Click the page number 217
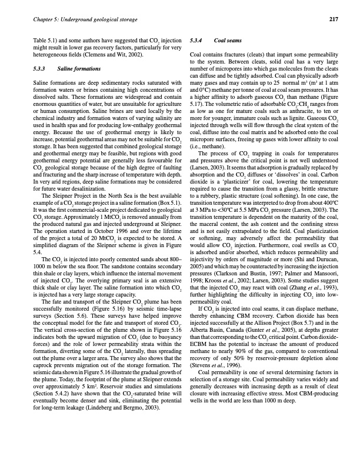333,19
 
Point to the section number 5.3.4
195,41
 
